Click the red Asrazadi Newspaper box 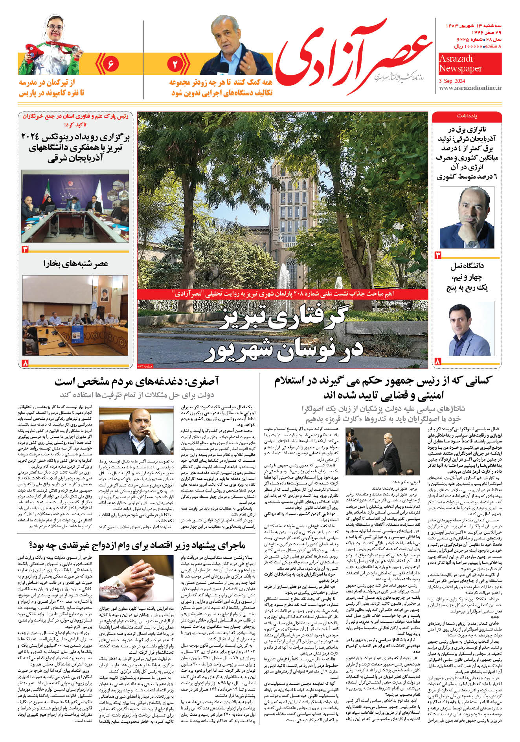[470, 64]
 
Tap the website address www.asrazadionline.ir [470, 88]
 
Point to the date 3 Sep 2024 [452, 80]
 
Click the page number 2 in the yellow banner [175, 64]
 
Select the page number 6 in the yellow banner [110, 64]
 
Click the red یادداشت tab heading [467, 117]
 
